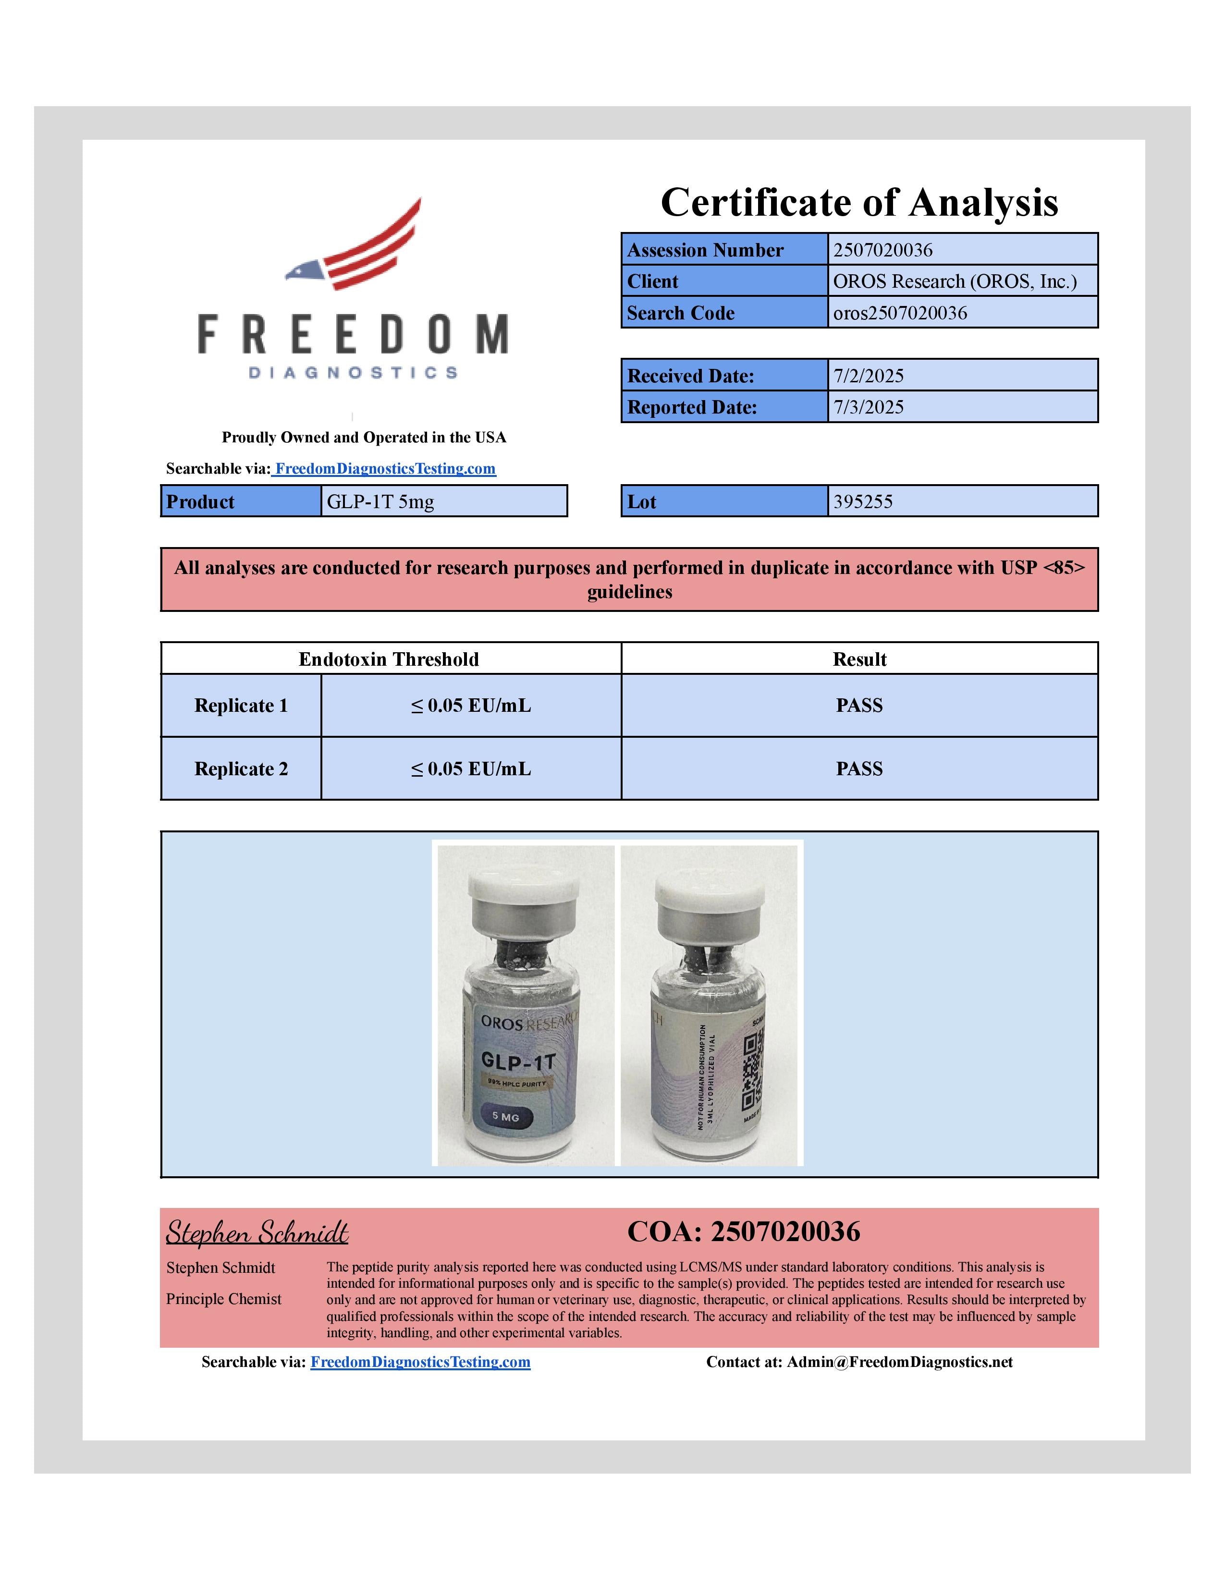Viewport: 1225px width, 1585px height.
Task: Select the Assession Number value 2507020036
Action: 882,250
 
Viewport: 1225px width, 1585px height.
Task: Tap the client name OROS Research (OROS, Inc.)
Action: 955,281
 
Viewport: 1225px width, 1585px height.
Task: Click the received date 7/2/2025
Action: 868,376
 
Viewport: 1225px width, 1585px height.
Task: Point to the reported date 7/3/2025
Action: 868,407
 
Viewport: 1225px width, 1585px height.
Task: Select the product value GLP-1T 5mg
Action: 380,501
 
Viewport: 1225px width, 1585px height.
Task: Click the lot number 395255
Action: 862,501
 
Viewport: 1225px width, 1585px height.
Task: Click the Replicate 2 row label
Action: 241,768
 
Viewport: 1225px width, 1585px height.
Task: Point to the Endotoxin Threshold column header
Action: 389,659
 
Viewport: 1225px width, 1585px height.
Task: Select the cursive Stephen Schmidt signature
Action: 257,1232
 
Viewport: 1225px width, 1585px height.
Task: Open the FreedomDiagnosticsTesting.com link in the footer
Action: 420,1362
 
